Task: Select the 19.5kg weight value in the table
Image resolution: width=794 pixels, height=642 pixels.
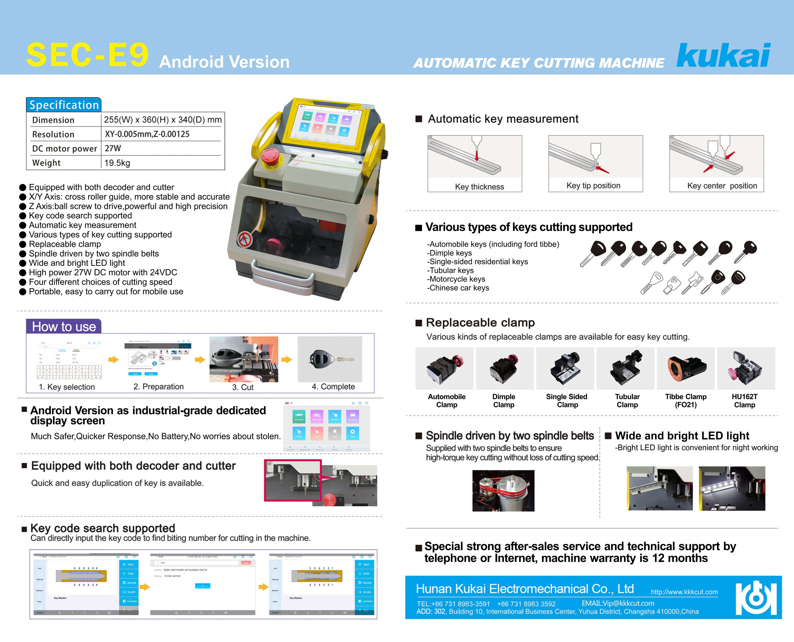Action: (117, 163)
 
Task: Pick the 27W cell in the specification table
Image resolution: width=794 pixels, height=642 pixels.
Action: (113, 148)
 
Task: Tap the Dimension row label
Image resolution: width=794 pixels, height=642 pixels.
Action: (53, 120)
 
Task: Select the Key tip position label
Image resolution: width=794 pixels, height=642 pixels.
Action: (593, 186)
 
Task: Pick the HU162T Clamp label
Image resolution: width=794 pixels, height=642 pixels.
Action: (744, 401)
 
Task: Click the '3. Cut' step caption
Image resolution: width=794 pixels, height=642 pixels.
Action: (243, 387)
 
